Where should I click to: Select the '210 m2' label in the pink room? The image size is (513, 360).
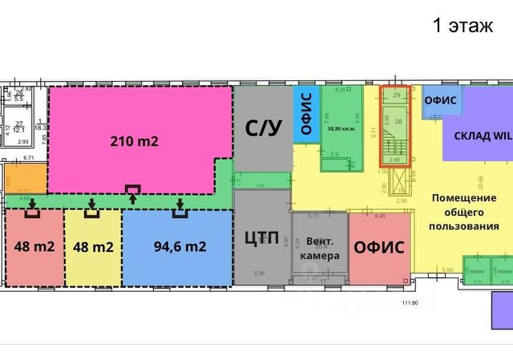[x=134, y=142]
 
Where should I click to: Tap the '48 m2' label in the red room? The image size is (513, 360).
[x=34, y=246]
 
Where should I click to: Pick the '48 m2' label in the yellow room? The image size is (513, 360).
[x=93, y=246]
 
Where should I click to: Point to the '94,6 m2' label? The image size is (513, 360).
[x=177, y=246]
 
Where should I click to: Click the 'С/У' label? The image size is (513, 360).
[x=264, y=126]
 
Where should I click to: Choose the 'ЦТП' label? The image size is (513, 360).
[x=261, y=237]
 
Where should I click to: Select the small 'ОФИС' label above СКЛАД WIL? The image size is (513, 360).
[x=440, y=100]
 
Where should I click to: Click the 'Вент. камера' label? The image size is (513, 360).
[x=320, y=248]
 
